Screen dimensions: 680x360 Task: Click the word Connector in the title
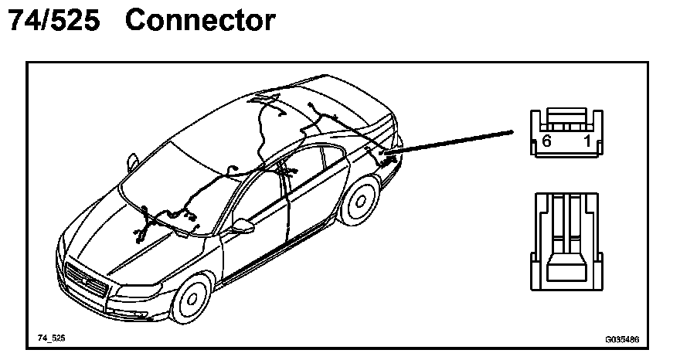tap(199, 21)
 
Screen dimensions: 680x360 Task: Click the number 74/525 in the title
tap(53, 21)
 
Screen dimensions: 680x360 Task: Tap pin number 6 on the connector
tap(546, 141)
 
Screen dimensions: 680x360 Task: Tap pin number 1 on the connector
tap(587, 141)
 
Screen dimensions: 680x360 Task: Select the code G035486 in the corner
tap(621, 338)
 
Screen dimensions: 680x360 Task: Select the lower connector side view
tap(566, 241)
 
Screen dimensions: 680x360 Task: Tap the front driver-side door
tap(255, 232)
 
